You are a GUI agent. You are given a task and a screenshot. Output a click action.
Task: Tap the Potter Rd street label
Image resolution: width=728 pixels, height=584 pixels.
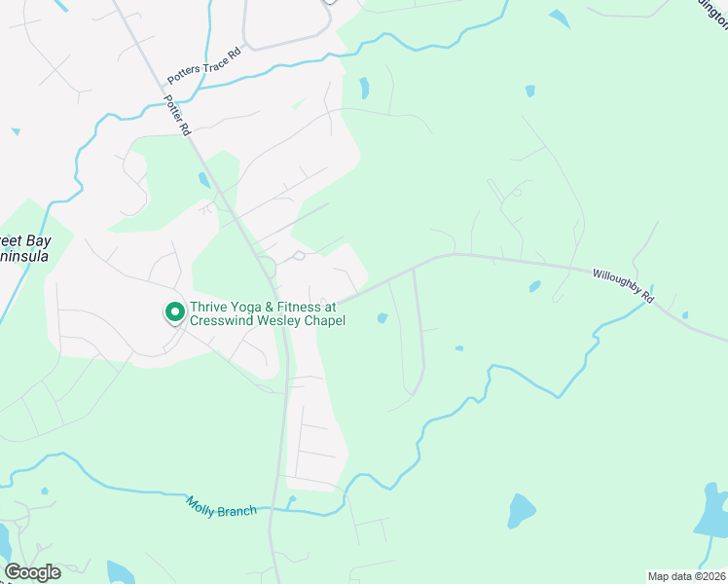(x=177, y=115)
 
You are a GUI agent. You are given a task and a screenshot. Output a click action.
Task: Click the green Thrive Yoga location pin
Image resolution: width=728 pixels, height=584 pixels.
(x=175, y=311)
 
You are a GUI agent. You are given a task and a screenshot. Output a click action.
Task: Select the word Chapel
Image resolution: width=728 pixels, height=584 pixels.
(x=325, y=320)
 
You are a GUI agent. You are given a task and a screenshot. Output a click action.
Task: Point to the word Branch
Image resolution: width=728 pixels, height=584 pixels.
(x=238, y=510)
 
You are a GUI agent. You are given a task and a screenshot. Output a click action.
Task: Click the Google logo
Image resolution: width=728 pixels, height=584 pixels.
(x=32, y=572)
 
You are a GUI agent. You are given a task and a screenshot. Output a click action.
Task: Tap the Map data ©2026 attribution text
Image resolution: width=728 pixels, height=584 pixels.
(x=686, y=575)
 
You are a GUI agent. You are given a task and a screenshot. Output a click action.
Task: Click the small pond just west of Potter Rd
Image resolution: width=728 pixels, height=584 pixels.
(x=203, y=180)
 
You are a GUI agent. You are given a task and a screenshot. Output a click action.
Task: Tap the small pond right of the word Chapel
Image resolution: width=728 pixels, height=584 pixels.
(x=382, y=318)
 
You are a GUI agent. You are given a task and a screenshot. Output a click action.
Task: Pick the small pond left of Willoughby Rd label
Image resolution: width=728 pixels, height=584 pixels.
(x=534, y=286)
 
